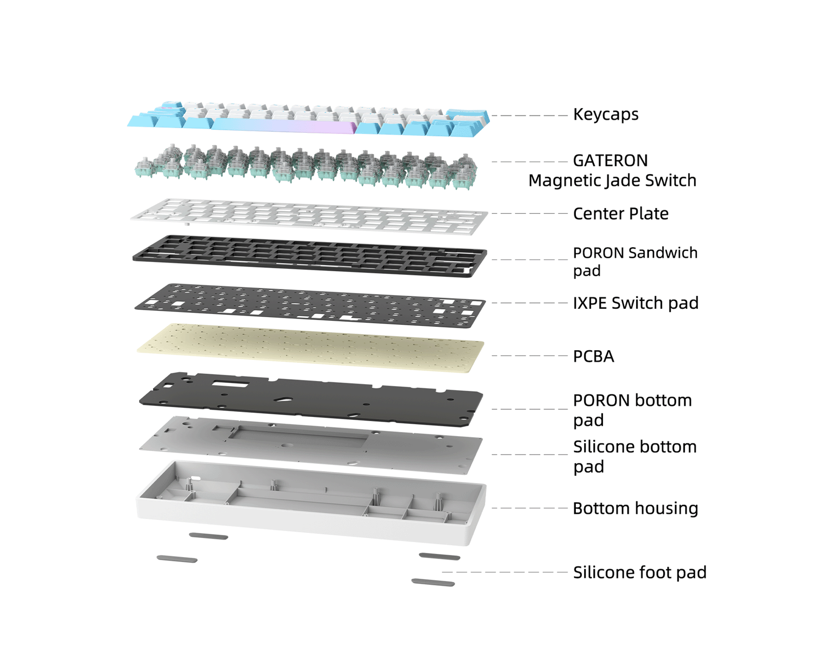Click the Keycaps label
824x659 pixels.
[606, 114]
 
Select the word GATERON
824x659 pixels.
[610, 161]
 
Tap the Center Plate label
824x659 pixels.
[621, 214]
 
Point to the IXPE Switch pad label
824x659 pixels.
[636, 303]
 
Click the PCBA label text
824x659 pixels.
[593, 356]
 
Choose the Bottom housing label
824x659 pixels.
[636, 509]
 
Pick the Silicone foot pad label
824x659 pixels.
[640, 573]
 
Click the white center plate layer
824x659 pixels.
[309, 216]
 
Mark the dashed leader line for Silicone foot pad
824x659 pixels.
[505, 572]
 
